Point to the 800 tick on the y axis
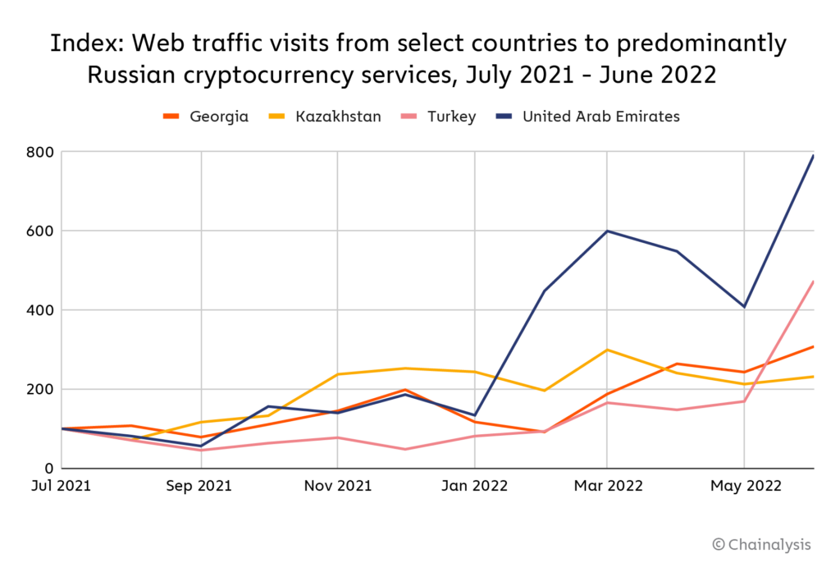point(39,153)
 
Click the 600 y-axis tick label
point(39,231)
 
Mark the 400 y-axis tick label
point(39,310)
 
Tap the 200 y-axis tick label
point(39,389)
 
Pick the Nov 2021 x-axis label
point(337,487)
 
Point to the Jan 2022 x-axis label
point(474,487)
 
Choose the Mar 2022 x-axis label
point(607,487)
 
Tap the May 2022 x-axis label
point(743,487)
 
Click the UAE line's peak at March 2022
point(607,231)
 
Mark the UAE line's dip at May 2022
point(744,307)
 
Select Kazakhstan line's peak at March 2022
point(607,350)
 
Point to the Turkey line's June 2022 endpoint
point(813,281)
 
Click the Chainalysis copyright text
point(761,544)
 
